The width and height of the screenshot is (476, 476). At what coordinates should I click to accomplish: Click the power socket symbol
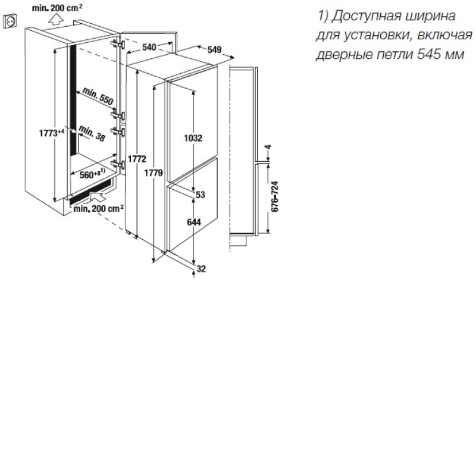click(x=10, y=21)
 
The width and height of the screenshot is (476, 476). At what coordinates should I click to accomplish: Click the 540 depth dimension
click(x=149, y=47)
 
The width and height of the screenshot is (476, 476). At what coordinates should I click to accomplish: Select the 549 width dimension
click(x=214, y=49)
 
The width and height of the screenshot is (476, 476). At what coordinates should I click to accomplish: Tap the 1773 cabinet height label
click(x=52, y=133)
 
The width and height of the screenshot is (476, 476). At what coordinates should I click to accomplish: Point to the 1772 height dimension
click(x=137, y=159)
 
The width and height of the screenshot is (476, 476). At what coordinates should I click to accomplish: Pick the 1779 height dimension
click(x=154, y=173)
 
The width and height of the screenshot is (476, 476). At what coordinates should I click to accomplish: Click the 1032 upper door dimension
click(x=193, y=138)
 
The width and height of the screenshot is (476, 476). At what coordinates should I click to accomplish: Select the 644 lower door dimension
click(x=194, y=222)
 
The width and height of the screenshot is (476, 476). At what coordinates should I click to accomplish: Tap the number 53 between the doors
click(x=201, y=195)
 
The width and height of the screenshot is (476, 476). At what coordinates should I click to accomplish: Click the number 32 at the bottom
click(x=201, y=269)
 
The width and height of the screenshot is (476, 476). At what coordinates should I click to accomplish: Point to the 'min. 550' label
click(x=98, y=96)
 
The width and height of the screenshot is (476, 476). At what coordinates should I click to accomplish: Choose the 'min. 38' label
click(x=92, y=133)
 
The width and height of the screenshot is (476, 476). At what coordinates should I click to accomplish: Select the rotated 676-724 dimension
click(x=275, y=197)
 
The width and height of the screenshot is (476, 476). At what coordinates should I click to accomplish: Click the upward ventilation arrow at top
click(x=56, y=20)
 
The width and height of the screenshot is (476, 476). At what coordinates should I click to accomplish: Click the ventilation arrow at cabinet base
click(x=97, y=197)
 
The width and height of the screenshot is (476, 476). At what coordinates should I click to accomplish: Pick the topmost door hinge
click(x=118, y=44)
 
